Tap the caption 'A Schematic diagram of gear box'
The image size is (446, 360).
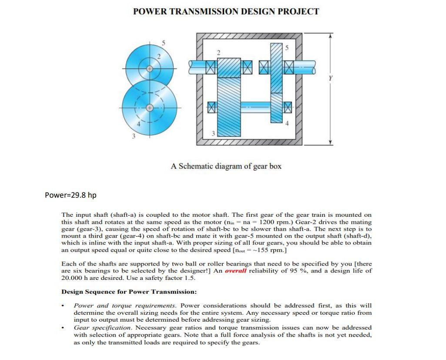click(x=226, y=166)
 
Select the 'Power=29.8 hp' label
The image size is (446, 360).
click(x=70, y=195)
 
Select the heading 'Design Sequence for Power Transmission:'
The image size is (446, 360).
click(x=129, y=291)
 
